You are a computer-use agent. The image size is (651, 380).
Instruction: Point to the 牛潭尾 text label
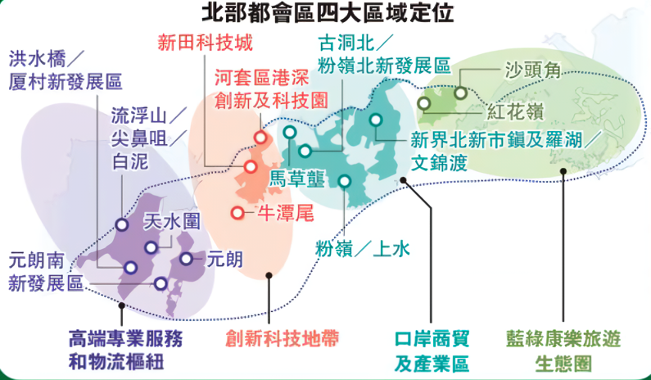pyautogui.click(x=286, y=214)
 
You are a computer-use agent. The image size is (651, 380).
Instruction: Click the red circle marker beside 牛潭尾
pyautogui.click(x=237, y=213)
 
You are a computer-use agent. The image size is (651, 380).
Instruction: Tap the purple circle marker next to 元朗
pyautogui.click(x=187, y=259)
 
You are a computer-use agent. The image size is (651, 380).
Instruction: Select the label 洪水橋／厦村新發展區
pyautogui.click(x=65, y=70)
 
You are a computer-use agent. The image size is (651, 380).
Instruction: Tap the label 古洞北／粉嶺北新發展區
pyautogui.click(x=384, y=53)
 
